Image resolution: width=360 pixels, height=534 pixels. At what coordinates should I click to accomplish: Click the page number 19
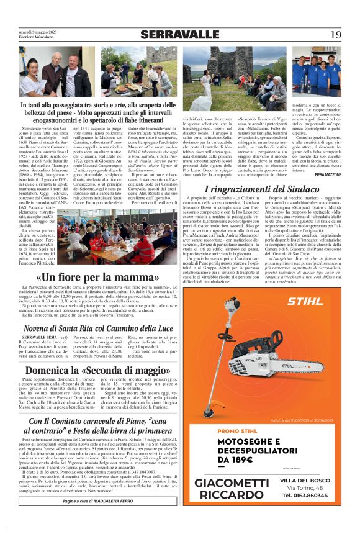coord(335,35)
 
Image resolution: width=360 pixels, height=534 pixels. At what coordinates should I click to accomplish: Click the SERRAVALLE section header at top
coord(180,35)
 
